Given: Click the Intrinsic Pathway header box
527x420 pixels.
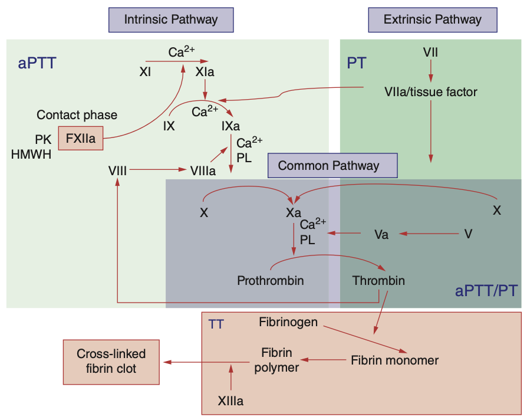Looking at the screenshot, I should [x=170, y=20].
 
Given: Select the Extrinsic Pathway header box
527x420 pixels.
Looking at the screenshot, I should [x=432, y=20].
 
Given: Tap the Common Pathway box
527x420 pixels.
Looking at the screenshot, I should [x=332, y=165].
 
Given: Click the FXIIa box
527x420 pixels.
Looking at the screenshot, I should [x=81, y=139].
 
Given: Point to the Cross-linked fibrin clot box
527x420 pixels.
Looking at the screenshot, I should [x=111, y=362].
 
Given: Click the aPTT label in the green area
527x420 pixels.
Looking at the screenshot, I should [x=37, y=63].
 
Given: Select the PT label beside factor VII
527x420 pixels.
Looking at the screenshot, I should [x=357, y=63].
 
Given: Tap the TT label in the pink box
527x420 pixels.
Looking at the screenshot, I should [x=216, y=324].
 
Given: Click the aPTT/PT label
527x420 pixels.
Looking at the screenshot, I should [x=487, y=290].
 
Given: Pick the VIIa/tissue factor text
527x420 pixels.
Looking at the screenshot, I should [x=430, y=92].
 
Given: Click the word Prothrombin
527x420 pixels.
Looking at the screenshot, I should [x=271, y=280].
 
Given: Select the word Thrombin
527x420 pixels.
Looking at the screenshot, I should [x=378, y=280].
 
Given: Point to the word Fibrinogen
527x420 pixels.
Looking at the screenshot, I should [x=288, y=322].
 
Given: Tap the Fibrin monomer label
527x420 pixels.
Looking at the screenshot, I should [x=395, y=359].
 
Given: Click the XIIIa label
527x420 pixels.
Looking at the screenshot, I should [x=230, y=401].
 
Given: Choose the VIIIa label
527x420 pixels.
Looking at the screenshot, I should [x=202, y=170].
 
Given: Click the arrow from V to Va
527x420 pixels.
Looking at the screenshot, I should [x=430, y=234].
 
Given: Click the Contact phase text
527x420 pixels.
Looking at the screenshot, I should [x=77, y=114].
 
